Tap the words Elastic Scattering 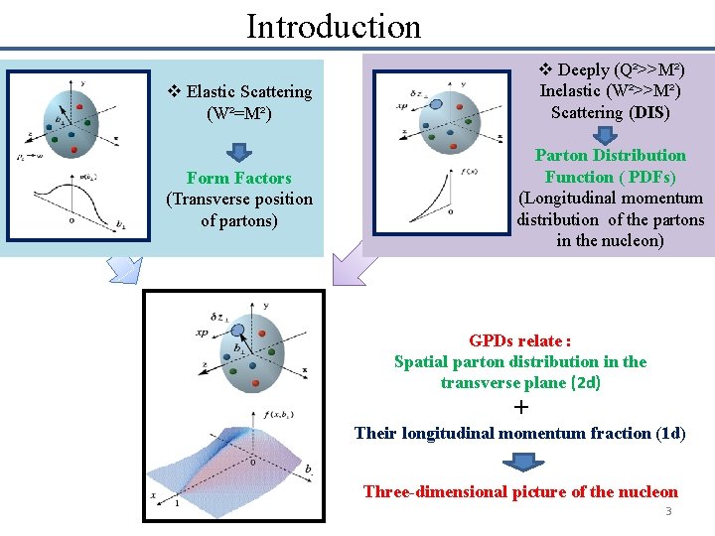[248, 92]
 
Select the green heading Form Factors [238, 179]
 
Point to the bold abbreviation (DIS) [649, 112]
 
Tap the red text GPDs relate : [519, 340]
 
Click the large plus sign [521, 408]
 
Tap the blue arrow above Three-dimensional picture [520, 462]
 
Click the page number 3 [668, 510]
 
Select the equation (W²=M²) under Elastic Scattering [238, 113]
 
